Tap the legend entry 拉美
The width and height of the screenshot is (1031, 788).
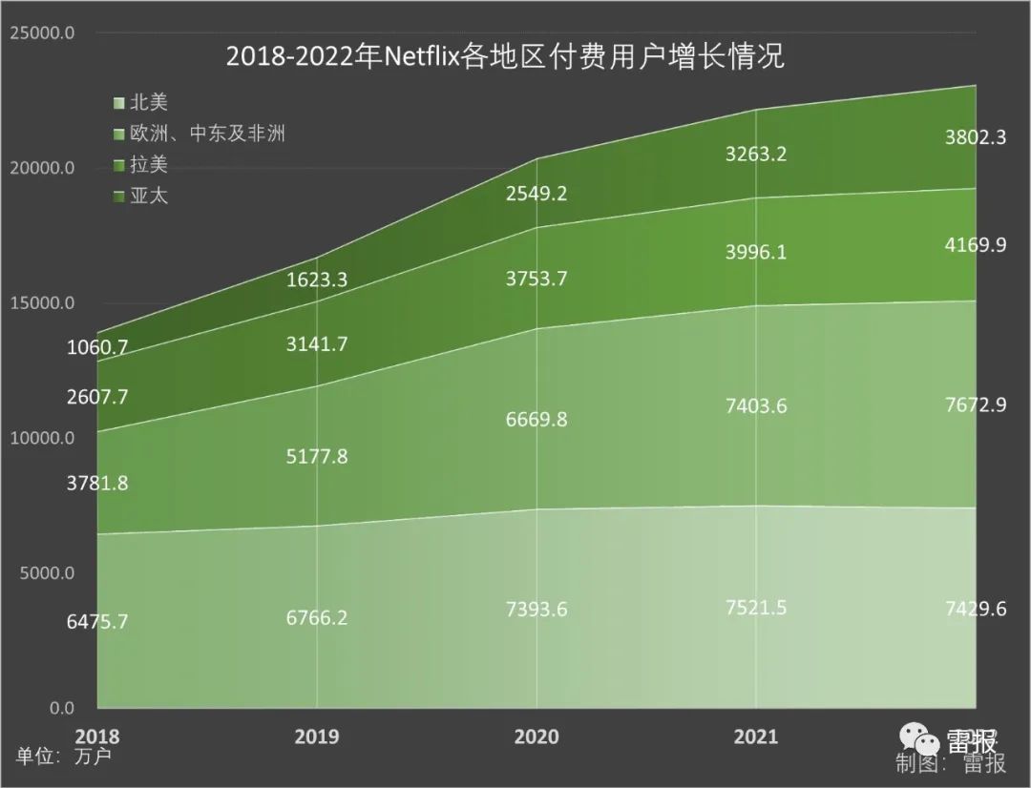(x=148, y=165)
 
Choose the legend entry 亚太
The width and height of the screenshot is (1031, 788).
(x=148, y=197)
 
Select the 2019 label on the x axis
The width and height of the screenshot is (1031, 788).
(x=317, y=736)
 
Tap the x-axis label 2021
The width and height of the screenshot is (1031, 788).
(x=755, y=736)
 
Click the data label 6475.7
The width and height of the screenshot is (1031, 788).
(x=97, y=621)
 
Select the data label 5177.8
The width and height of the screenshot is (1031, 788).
(x=317, y=456)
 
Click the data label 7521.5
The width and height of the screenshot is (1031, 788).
(x=756, y=608)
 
